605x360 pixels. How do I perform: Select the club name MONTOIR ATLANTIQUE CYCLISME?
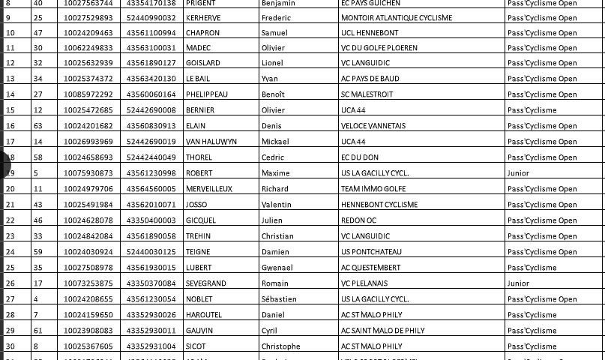coord(396,17)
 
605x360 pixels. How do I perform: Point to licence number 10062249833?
coord(88,48)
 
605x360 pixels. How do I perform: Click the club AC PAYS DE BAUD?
coord(370,79)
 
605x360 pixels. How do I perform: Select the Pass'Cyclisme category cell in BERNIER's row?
coord(532,110)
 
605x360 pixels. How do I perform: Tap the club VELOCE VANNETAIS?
coord(373,126)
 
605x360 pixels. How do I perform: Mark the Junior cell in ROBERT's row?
coord(518,173)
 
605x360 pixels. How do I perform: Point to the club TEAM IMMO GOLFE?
coord(373,189)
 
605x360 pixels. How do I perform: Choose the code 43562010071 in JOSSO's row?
coord(151,205)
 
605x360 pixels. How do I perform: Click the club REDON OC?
coord(358,220)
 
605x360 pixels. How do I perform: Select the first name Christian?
coord(277,236)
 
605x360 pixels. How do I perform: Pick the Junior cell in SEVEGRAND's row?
coord(518,283)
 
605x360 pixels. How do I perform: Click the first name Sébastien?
coord(279,299)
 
